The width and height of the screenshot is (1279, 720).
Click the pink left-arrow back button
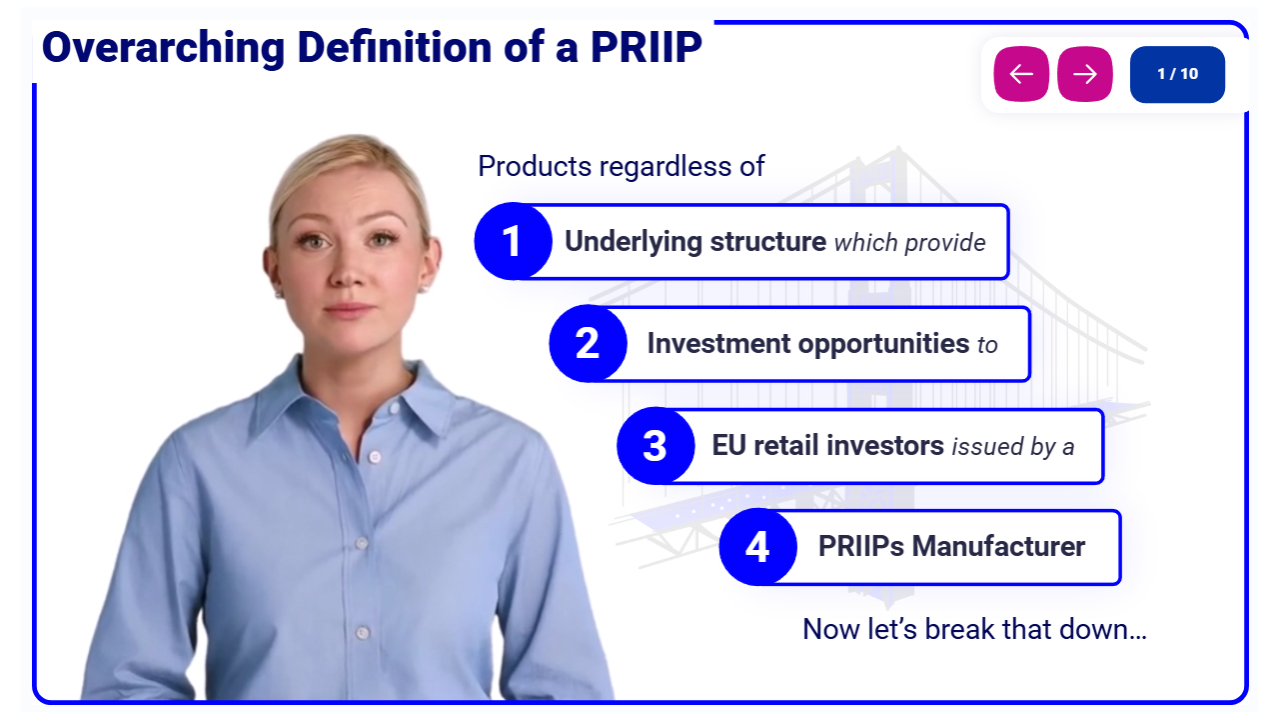point(1021,74)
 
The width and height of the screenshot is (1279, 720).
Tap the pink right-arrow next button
point(1084,74)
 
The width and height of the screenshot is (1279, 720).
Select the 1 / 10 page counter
point(1177,74)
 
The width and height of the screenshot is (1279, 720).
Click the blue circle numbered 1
point(513,241)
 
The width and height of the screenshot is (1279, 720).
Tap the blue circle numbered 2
point(588,343)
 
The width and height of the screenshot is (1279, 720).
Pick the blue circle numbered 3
point(655,446)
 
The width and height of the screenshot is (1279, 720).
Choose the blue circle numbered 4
point(757,547)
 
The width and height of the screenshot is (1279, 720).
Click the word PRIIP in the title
point(645,47)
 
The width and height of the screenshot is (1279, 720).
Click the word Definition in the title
point(395,47)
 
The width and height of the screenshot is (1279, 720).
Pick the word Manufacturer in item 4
point(998,546)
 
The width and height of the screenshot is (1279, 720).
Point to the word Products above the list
point(535,166)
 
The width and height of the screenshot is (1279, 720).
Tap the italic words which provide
point(910,243)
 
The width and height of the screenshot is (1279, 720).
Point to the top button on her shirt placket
point(395,409)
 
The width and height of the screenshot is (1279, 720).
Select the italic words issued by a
point(1013,447)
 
